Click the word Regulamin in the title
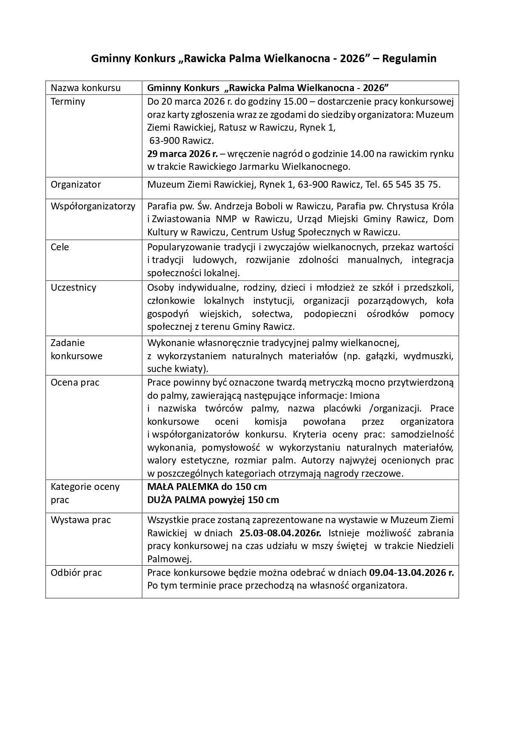pyautogui.click(x=409, y=58)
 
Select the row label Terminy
pyautogui.click(x=68, y=102)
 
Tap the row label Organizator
pyautogui.click(x=76, y=185)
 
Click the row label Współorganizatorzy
pyautogui.click(x=93, y=206)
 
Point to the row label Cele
pyautogui.click(x=60, y=247)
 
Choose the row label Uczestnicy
pyautogui.click(x=73, y=288)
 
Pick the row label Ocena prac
pyautogui.click(x=75, y=383)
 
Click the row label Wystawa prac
pyautogui.click(x=80, y=520)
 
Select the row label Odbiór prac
pyautogui.click(x=76, y=573)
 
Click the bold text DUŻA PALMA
pyautogui.click(x=176, y=500)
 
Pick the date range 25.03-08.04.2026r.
pyautogui.click(x=281, y=533)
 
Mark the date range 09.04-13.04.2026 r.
pyautogui.click(x=411, y=573)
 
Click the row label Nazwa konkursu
pyautogui.click(x=86, y=88)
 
